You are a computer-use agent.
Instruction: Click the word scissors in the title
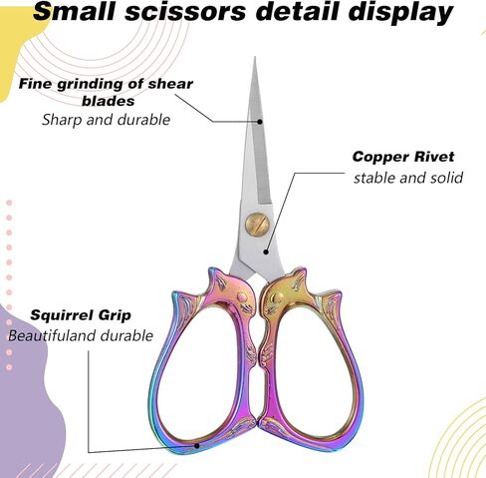click(185, 12)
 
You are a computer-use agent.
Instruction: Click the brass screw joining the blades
click(257, 224)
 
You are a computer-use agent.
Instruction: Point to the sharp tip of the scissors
click(255, 57)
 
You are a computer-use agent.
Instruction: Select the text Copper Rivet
click(403, 157)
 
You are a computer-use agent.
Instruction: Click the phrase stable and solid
click(408, 178)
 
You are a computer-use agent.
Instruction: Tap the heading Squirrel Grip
click(81, 315)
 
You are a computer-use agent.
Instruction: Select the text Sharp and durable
click(107, 120)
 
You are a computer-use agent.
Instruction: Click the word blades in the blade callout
click(109, 101)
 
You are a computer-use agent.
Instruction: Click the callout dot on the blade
click(260, 122)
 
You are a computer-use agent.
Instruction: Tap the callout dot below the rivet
click(266, 251)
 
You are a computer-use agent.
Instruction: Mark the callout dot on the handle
click(196, 446)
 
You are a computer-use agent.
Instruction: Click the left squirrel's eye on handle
click(242, 296)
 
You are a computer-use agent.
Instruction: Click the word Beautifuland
click(53, 335)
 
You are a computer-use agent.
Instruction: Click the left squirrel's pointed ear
click(213, 273)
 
